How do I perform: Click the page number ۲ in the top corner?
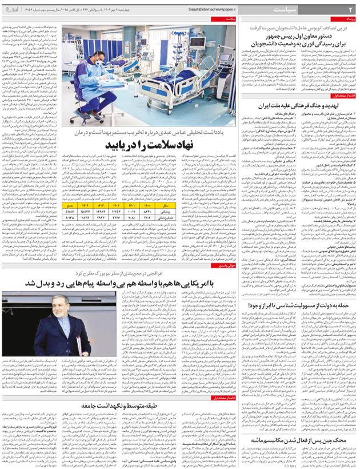(351, 10)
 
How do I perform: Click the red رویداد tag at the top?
(349, 19)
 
